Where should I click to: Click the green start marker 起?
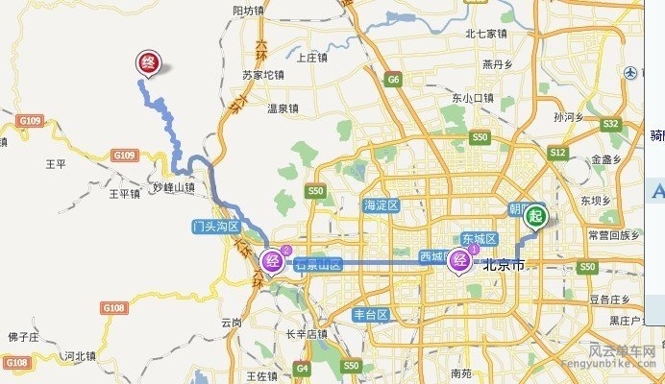pyautogui.click(x=534, y=216)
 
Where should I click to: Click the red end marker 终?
pyautogui.click(x=149, y=62)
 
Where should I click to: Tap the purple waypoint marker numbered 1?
pyautogui.click(x=461, y=258)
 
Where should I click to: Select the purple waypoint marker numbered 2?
pyautogui.click(x=274, y=258)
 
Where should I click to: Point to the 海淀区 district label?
pyautogui.click(x=381, y=205)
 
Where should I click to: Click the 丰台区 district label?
pyautogui.click(x=369, y=315)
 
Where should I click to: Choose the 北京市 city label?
pyautogui.click(x=504, y=265)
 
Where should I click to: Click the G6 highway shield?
pyautogui.click(x=394, y=80)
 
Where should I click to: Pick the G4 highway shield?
pyautogui.click(x=304, y=367)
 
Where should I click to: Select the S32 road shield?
pyautogui.click(x=610, y=124)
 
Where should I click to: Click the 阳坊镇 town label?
pyautogui.click(x=248, y=11)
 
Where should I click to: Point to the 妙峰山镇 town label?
pyautogui.click(x=173, y=188)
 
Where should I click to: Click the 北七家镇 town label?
pyautogui.click(x=485, y=34)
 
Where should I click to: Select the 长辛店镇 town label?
pyautogui.click(x=307, y=335)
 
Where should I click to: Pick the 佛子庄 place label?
pyautogui.click(x=22, y=337)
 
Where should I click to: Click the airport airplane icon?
pyautogui.click(x=630, y=73)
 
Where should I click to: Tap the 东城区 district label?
pyautogui.click(x=478, y=238)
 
